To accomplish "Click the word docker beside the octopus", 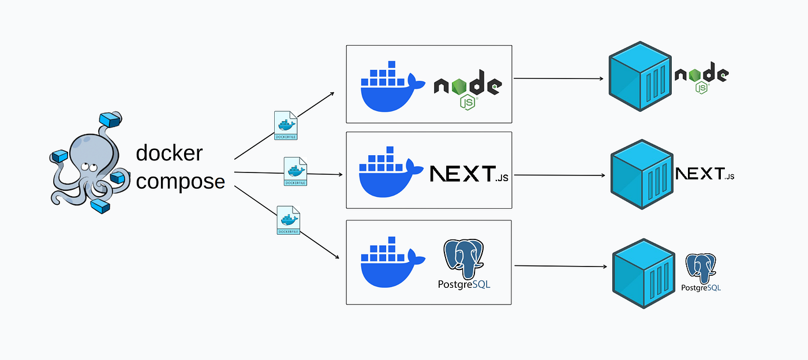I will click(169, 153).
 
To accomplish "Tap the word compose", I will click(180, 181).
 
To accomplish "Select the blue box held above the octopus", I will click(111, 119).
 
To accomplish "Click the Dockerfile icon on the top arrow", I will click(285, 125).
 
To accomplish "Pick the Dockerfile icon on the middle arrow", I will click(295, 171).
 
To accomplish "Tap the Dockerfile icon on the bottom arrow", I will click(289, 220).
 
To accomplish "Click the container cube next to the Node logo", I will click(641, 77).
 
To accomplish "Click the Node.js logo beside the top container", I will click(701, 77).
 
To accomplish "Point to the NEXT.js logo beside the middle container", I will click(705, 174).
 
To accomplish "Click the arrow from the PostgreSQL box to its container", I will click(560, 266).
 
